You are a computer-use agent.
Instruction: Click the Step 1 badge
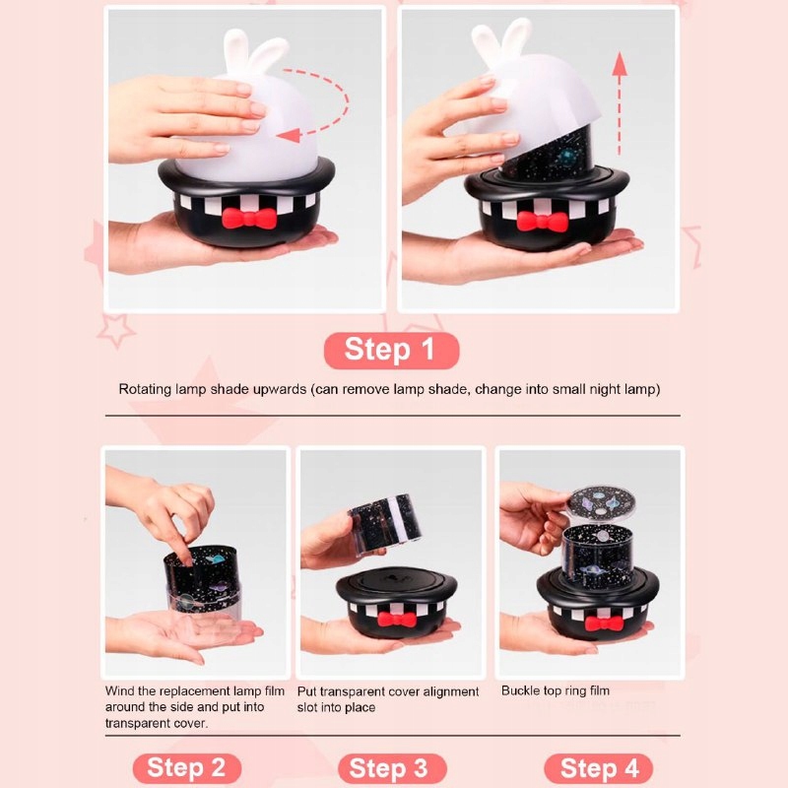click(391, 350)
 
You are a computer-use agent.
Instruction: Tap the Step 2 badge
click(187, 768)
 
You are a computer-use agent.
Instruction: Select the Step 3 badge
click(392, 768)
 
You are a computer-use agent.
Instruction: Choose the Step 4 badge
click(598, 768)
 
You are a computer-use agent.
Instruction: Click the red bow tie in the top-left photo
click(249, 218)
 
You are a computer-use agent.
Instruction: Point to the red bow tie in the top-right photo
click(542, 222)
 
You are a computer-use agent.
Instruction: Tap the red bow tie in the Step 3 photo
click(397, 620)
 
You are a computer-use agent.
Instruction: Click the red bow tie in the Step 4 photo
click(604, 624)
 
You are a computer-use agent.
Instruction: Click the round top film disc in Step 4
click(602, 503)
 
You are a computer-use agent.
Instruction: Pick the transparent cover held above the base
click(384, 521)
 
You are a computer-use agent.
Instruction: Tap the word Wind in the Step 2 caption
click(119, 691)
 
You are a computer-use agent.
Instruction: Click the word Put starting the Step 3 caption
click(307, 691)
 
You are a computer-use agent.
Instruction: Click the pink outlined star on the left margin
click(115, 330)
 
